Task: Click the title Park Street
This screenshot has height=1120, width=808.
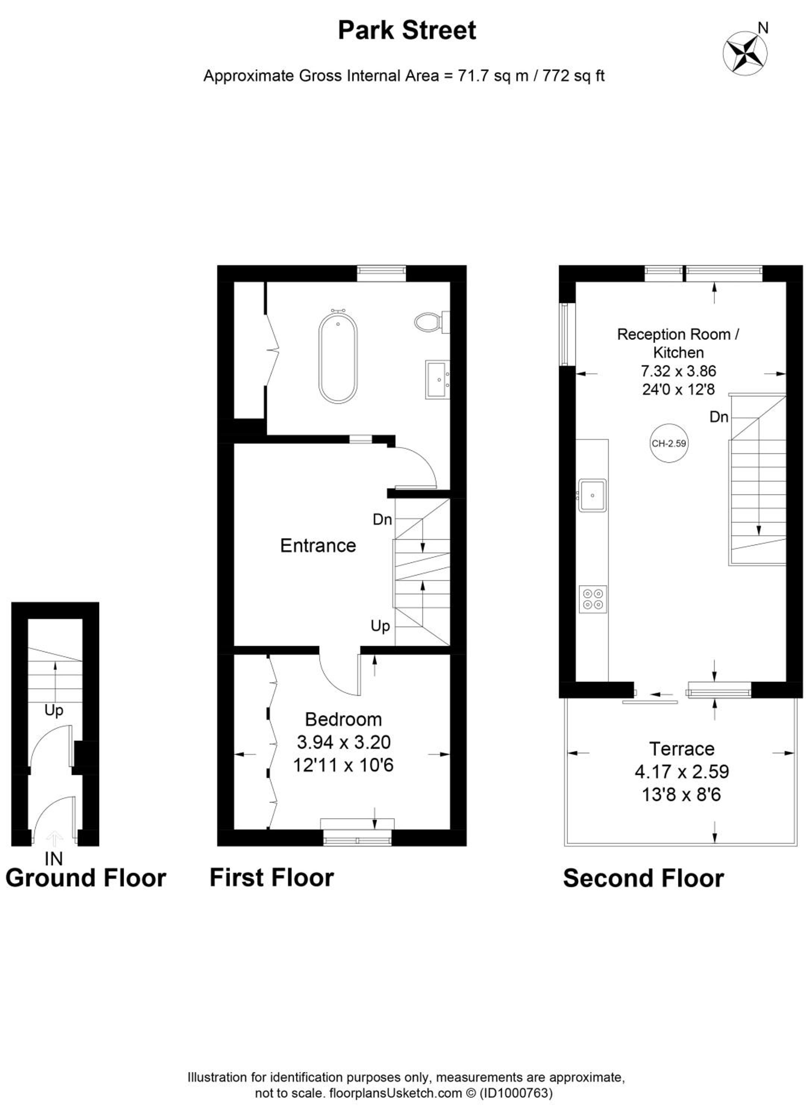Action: (407, 31)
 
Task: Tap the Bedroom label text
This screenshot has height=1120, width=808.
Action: (344, 719)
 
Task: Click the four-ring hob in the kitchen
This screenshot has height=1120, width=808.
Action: (593, 599)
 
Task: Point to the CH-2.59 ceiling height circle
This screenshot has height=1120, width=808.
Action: (668, 443)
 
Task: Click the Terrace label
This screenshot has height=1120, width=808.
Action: (682, 749)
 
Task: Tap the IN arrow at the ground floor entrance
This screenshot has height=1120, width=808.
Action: (54, 839)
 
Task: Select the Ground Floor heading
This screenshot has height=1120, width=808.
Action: (86, 878)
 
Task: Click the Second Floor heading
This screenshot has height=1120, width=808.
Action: (643, 878)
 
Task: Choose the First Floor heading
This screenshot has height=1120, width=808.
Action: (272, 877)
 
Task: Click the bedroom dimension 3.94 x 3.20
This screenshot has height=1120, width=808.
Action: (344, 742)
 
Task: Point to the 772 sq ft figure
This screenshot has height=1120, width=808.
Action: (574, 76)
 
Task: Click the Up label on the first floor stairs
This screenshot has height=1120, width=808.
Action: (380, 626)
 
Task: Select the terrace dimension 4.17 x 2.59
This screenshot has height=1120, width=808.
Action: (682, 771)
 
